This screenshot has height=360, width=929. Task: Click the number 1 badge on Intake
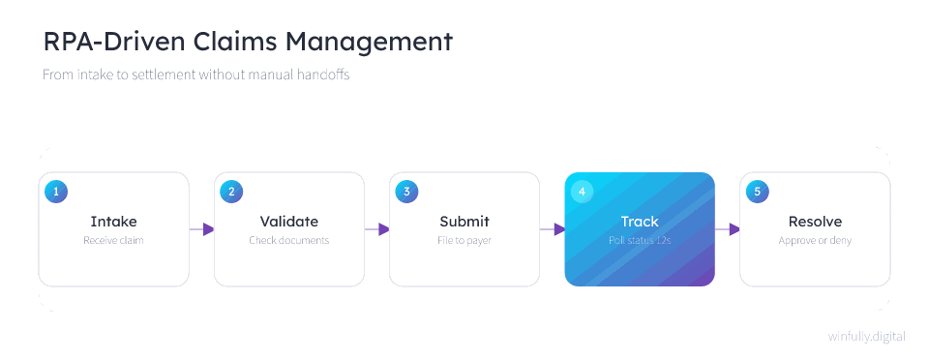click(x=56, y=192)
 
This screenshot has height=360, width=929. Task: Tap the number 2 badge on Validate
click(x=231, y=192)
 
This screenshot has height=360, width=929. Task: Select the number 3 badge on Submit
click(x=407, y=192)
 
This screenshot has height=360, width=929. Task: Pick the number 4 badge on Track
click(x=583, y=192)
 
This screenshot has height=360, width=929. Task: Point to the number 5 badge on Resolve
click(x=758, y=192)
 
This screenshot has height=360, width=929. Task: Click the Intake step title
click(x=114, y=222)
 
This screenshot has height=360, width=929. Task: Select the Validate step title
click(x=289, y=222)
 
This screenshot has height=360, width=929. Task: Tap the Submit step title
click(x=464, y=222)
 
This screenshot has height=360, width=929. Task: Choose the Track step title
click(x=640, y=222)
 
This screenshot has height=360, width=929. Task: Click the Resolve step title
click(x=815, y=222)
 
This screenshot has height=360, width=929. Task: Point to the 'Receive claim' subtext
click(x=114, y=240)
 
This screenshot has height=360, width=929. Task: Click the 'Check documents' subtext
click(x=289, y=240)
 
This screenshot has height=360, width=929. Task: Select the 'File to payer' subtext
click(x=464, y=240)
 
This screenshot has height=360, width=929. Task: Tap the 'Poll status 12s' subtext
click(x=640, y=240)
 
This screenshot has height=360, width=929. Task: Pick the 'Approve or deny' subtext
click(x=815, y=240)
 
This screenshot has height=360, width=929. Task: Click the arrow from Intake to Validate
click(x=201, y=229)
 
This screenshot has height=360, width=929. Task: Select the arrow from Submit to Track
click(x=553, y=229)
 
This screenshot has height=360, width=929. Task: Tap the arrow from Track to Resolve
click(x=728, y=229)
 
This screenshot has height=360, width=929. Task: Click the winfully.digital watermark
click(x=867, y=337)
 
